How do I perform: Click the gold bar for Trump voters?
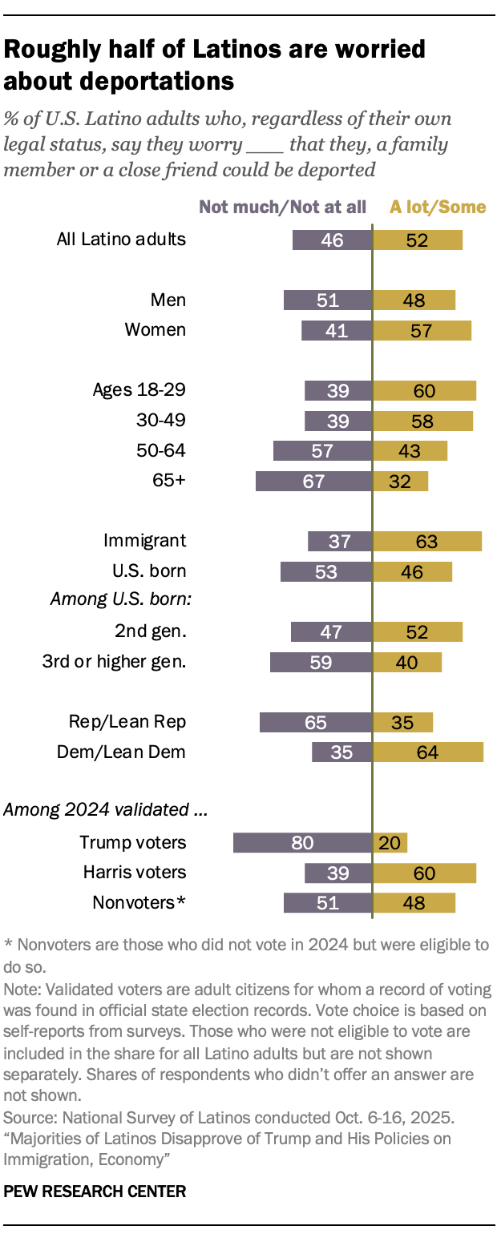390,842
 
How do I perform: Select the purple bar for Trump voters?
302,842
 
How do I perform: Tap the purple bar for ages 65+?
313,481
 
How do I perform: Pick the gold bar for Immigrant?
427,542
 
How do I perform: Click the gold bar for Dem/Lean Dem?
428,752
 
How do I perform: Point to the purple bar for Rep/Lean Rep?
316,722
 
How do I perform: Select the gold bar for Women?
422,330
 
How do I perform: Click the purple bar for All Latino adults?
332,240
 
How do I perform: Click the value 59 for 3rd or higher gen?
320,662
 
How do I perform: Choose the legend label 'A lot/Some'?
438,207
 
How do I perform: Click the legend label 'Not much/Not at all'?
282,207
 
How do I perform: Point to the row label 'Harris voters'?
135,872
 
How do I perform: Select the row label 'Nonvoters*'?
139,902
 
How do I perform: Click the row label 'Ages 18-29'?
139,390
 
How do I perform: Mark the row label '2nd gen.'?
151,631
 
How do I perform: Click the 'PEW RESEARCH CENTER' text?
95,1192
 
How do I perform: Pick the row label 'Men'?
168,300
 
